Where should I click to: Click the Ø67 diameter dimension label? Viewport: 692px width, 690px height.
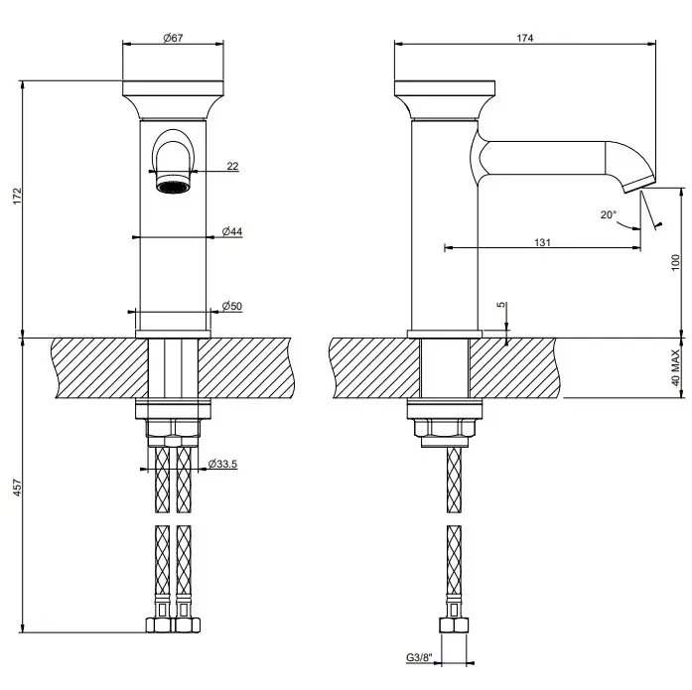(173, 38)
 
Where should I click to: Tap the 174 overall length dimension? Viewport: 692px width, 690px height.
(525, 38)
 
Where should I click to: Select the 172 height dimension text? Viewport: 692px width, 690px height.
(17, 196)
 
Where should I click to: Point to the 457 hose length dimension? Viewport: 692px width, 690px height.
(17, 487)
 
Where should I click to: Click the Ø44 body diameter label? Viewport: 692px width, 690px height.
(232, 231)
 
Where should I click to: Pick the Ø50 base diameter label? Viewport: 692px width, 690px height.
(232, 306)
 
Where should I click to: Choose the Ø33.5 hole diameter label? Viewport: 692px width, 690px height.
(222, 464)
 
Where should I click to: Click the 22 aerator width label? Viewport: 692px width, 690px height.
(232, 166)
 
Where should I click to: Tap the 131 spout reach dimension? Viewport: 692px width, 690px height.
(542, 242)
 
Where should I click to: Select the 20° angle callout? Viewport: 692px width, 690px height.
(609, 214)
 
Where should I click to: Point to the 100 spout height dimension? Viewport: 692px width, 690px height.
(676, 262)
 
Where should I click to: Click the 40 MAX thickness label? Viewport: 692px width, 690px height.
(676, 367)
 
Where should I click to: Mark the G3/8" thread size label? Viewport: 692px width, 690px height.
(419, 658)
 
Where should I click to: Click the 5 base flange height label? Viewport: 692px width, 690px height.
(501, 305)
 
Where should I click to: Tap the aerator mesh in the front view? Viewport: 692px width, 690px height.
(173, 188)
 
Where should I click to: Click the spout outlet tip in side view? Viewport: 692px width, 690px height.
(639, 184)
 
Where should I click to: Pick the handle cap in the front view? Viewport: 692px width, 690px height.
(173, 100)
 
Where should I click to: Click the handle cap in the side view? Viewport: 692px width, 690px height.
(445, 100)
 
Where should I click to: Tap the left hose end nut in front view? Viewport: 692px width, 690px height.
(159, 625)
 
